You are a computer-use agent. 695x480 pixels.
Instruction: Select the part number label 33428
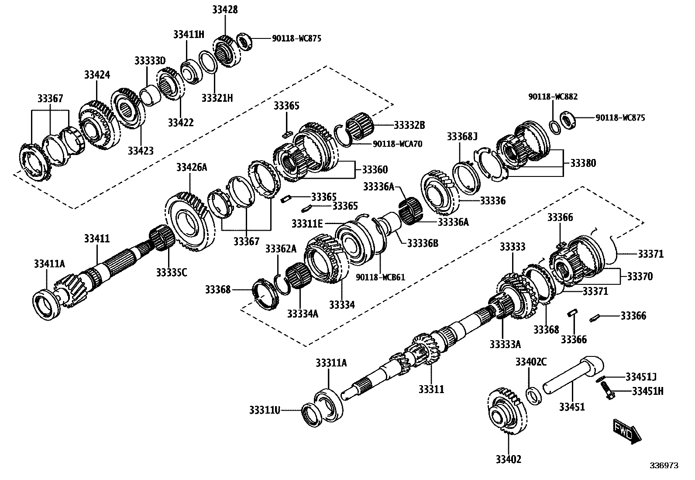click(x=225, y=9)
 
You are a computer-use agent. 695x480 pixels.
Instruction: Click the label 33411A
click(x=49, y=263)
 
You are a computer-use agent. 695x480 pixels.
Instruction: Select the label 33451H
click(x=647, y=391)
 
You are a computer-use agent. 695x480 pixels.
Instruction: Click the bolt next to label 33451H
click(x=606, y=390)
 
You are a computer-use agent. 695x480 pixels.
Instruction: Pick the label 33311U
click(x=265, y=410)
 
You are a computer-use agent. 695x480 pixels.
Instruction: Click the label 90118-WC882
click(x=553, y=97)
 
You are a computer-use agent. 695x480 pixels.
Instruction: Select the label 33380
click(x=583, y=163)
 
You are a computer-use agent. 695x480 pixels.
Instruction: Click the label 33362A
click(x=281, y=249)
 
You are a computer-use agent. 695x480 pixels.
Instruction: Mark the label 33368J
click(x=462, y=137)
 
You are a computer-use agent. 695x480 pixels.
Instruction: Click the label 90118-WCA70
click(x=397, y=143)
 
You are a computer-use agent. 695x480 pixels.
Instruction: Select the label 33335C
click(x=172, y=272)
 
